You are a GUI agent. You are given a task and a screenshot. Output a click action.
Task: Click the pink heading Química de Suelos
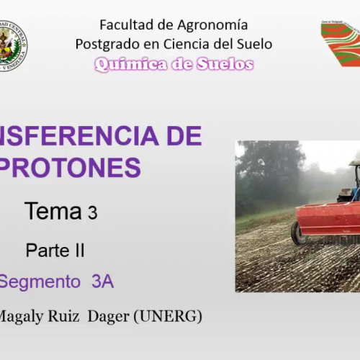point(174,65)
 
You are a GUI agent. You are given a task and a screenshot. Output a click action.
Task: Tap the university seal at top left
point(12,45)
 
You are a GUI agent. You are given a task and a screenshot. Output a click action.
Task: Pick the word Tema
point(53,212)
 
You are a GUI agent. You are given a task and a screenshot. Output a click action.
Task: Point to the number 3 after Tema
point(92,213)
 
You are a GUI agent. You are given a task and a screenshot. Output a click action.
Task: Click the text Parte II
point(55,251)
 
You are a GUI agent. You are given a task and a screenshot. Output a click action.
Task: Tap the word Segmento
point(39,282)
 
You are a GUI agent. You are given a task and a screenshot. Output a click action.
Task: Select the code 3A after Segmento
point(102,282)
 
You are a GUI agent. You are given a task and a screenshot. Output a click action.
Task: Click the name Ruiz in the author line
point(69,316)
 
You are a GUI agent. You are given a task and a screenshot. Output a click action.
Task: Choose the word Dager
point(118,316)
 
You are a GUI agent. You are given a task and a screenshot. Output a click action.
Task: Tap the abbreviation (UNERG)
point(173,316)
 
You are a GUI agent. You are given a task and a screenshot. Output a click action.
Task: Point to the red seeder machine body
point(328,218)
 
